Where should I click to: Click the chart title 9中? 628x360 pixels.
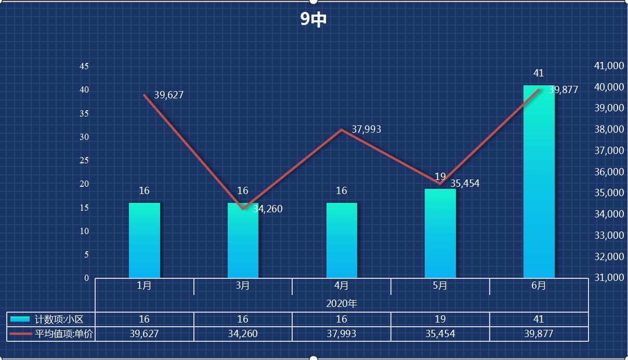pyautogui.click(x=313, y=20)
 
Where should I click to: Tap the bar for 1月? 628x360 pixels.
pyautogui.click(x=144, y=240)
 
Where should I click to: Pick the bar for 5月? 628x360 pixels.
pyautogui.click(x=440, y=234)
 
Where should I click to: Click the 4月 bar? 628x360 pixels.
pyautogui.click(x=342, y=240)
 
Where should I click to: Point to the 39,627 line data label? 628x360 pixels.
pyautogui.click(x=169, y=95)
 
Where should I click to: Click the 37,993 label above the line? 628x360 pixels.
pyautogui.click(x=366, y=130)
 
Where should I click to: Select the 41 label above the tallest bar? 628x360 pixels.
pyautogui.click(x=538, y=73)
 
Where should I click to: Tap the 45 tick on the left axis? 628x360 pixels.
pyautogui.click(x=84, y=67)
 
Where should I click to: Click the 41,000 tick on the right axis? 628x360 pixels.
pyautogui.click(x=608, y=66)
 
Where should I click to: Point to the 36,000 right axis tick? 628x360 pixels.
pyautogui.click(x=608, y=172)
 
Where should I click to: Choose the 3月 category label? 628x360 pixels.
pyautogui.click(x=243, y=286)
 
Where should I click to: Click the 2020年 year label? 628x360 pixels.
pyautogui.click(x=342, y=303)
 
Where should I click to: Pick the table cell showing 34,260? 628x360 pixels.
pyautogui.click(x=243, y=334)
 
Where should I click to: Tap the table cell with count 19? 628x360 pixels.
pyautogui.click(x=440, y=319)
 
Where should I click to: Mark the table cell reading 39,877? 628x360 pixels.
pyautogui.click(x=539, y=334)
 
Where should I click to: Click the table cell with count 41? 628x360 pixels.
pyautogui.click(x=539, y=319)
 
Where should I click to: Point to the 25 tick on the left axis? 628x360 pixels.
pyautogui.click(x=84, y=161)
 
